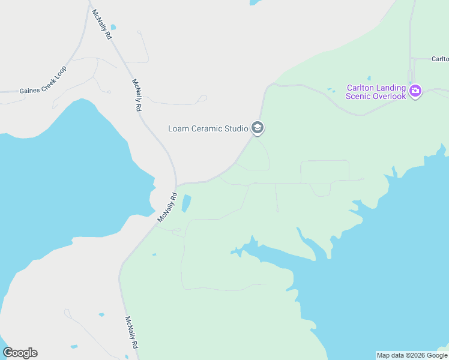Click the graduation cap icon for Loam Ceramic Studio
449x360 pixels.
258,128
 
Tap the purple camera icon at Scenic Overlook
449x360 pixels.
415,91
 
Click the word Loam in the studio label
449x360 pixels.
179,128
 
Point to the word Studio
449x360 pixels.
237,128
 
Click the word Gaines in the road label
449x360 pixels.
30,91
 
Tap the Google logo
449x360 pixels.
20,353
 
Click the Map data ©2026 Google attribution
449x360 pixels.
412,355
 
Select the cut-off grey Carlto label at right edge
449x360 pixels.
440,59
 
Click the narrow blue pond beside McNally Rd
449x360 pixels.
186,203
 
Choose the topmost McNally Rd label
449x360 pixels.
101,25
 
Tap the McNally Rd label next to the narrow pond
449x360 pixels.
167,207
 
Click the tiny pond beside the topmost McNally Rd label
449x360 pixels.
113,27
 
